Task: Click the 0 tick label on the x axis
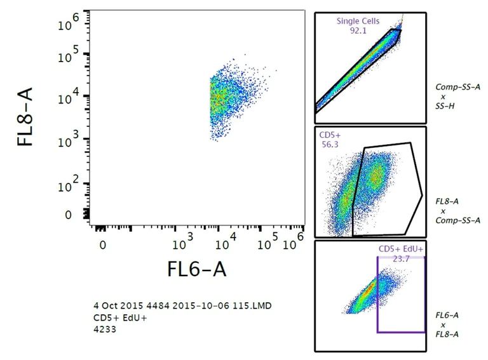[102, 244]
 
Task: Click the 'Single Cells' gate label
[358, 21]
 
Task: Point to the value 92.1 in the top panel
[358, 30]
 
